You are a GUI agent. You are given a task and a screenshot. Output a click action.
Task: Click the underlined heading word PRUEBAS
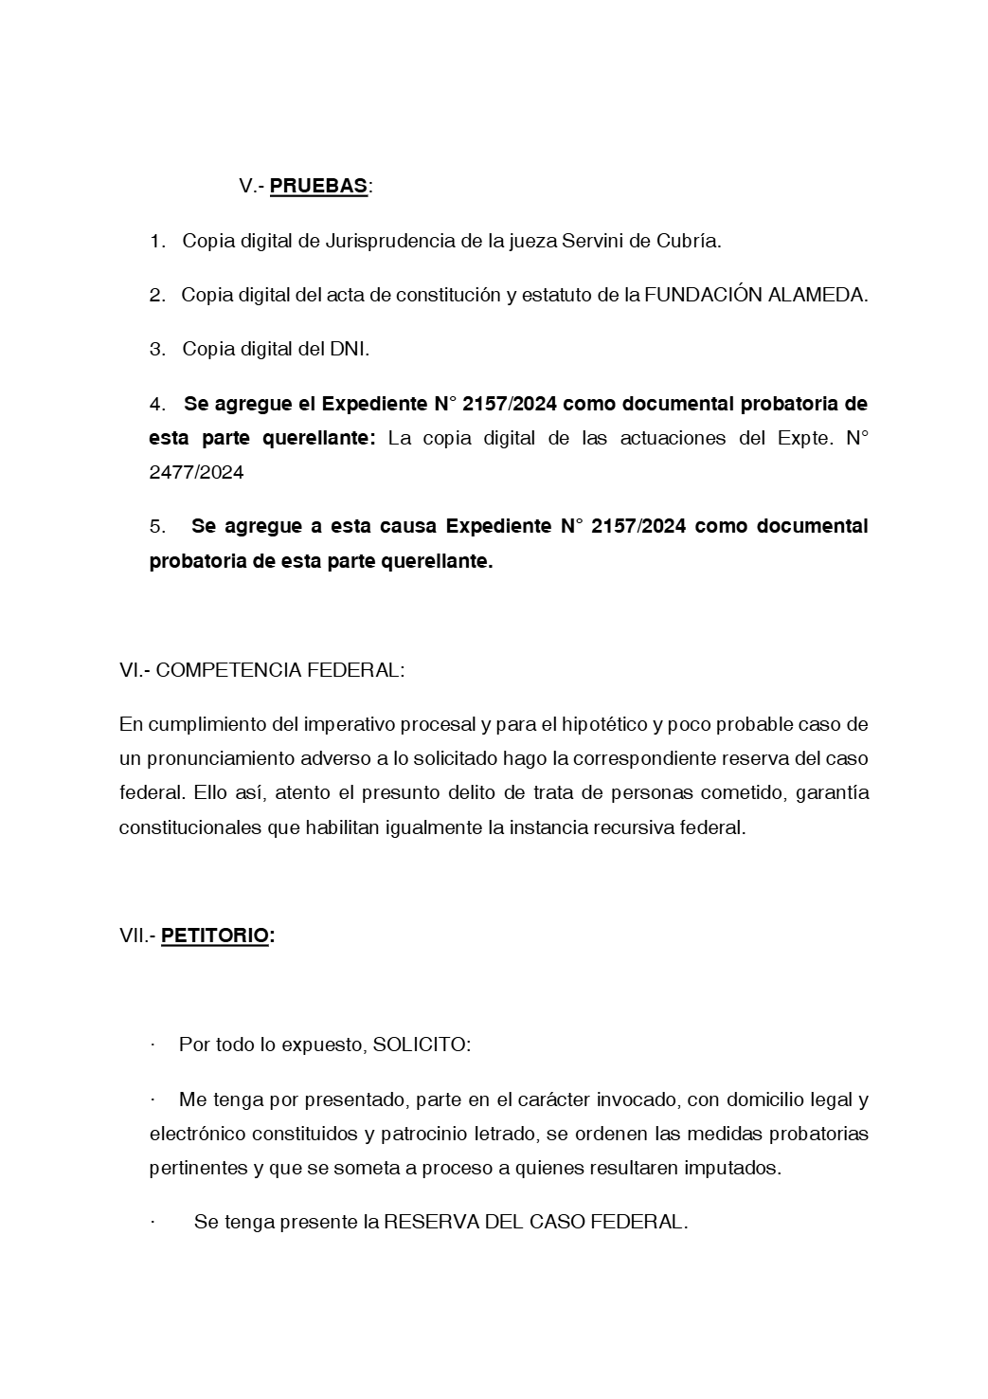[x=318, y=186]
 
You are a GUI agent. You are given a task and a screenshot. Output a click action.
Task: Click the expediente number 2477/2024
[x=196, y=472]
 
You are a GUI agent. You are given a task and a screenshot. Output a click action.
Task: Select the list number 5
[x=157, y=526]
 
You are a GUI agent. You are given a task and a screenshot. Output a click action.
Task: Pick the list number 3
[x=157, y=349]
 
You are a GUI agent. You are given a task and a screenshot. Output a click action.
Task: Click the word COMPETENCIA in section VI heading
[x=226, y=670]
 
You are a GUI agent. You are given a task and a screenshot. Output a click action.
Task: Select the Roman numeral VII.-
[x=137, y=936]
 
